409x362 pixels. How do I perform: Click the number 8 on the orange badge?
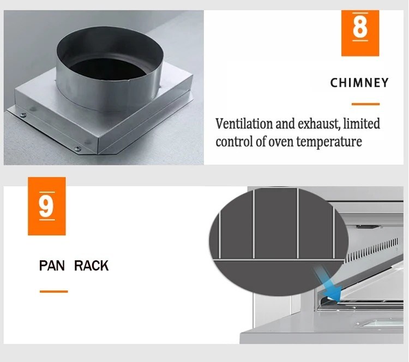(360, 27)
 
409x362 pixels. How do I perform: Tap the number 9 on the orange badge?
(47, 206)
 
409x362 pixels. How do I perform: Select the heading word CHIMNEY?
(359, 83)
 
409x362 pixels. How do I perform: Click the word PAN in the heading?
(52, 265)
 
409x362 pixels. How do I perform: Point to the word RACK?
(91, 265)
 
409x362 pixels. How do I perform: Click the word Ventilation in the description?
(244, 123)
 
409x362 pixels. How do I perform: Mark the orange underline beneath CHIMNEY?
(365, 104)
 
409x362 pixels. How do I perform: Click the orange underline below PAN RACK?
(54, 291)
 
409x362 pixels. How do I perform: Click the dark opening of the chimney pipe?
(107, 68)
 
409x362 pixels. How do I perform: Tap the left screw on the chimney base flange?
(23, 115)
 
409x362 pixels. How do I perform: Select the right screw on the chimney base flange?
(77, 149)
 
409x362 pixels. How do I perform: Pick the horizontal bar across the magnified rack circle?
(278, 260)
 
